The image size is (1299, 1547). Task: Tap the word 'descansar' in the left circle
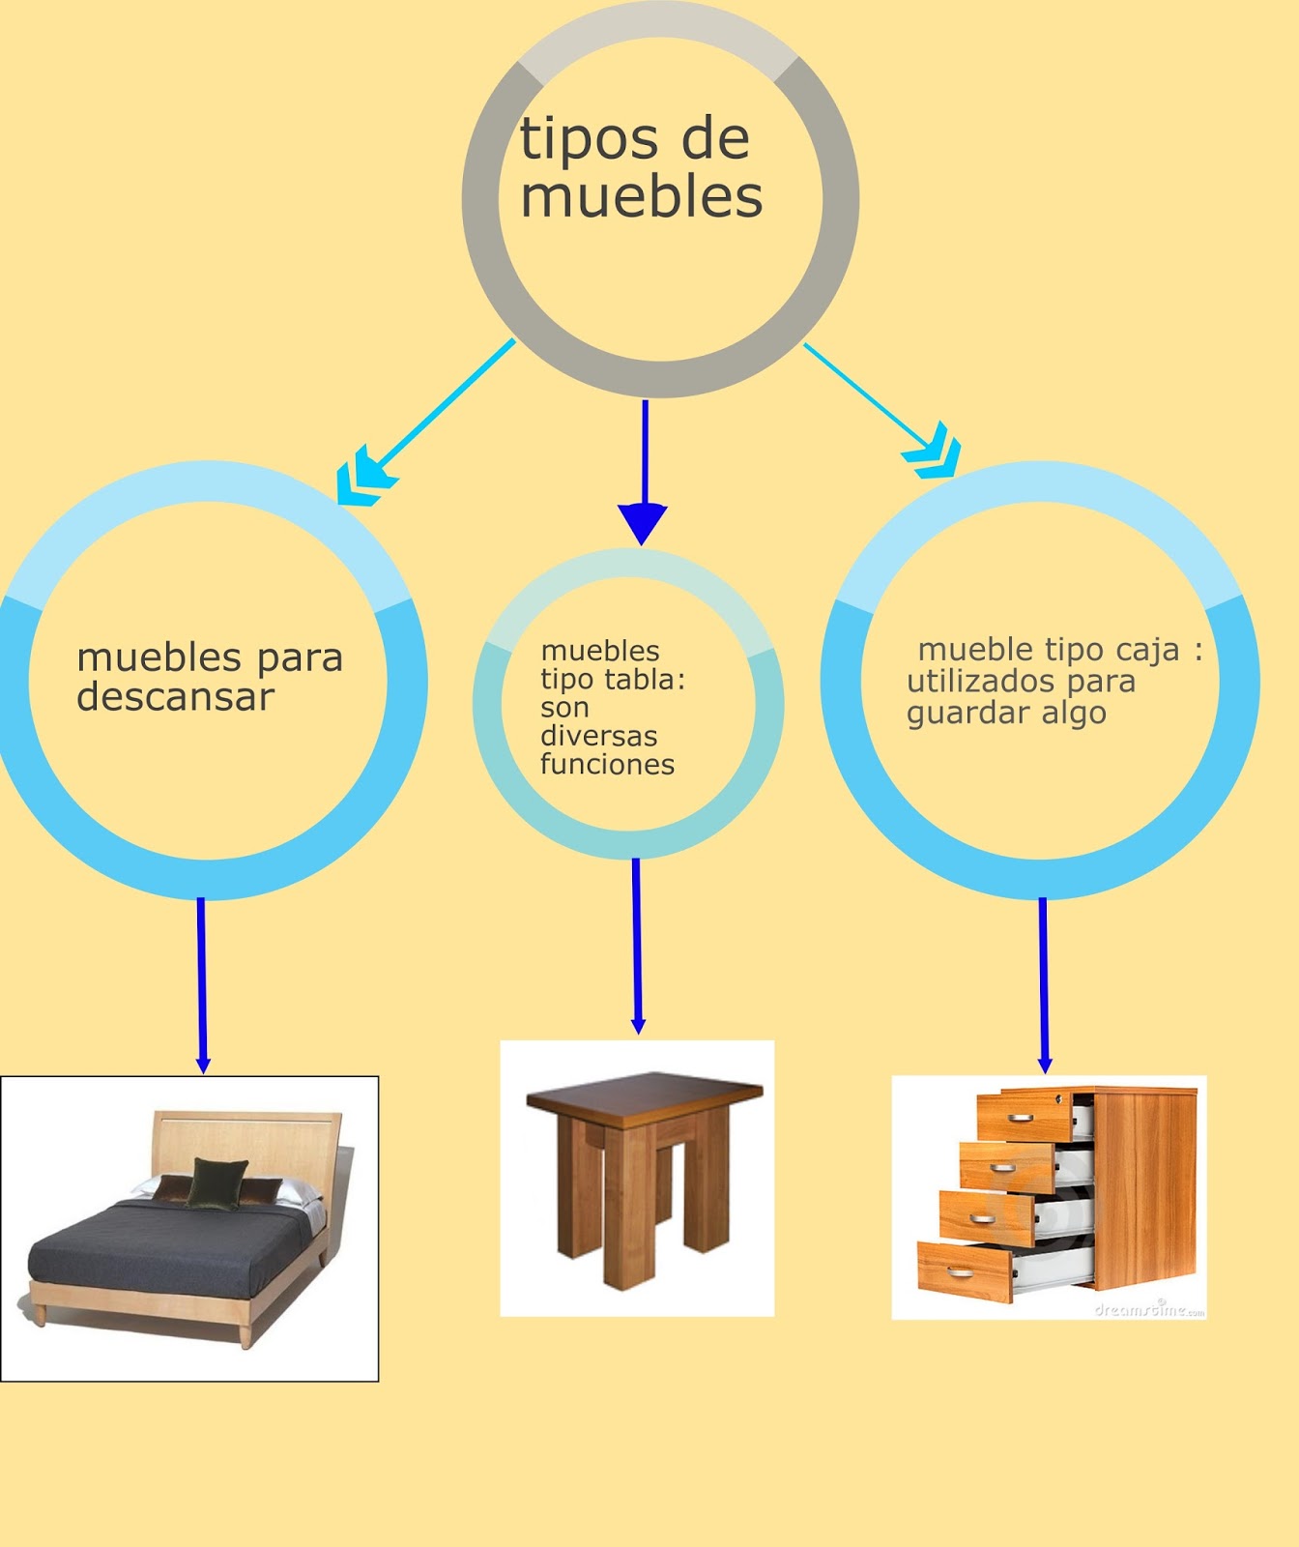coord(175,697)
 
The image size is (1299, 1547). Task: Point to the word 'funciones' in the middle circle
coord(607,765)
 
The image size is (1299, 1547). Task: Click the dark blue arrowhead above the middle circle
coord(643,522)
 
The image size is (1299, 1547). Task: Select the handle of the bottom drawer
coord(961,1271)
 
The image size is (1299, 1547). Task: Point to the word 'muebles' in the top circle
coord(642,197)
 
